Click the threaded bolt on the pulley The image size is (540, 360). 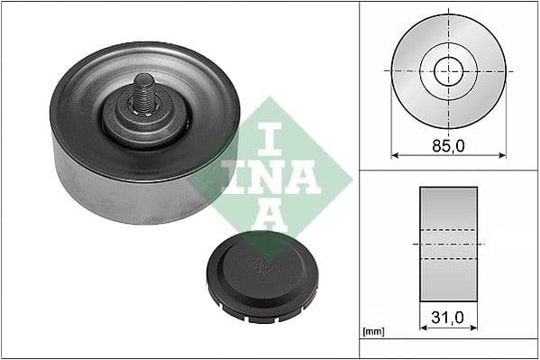tap(144, 93)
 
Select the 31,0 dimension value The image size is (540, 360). tap(448, 318)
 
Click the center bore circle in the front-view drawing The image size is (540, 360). tap(448, 70)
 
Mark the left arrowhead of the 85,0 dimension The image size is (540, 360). tap(394, 155)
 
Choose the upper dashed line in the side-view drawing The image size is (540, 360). tap(448, 229)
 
